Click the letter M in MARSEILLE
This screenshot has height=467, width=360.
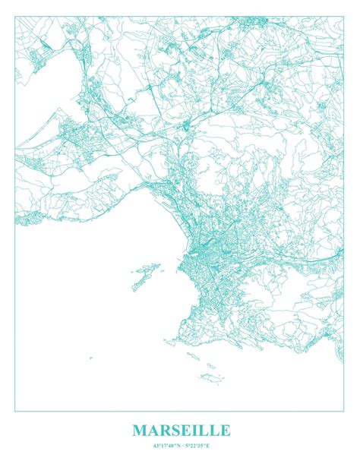coord(141,431)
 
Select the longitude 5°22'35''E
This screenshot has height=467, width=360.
coord(195,445)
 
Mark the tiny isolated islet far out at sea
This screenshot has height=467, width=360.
coord(90,358)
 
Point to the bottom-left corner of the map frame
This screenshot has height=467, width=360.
coord(15,411)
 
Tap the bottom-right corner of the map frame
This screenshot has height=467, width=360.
coord(345,411)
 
